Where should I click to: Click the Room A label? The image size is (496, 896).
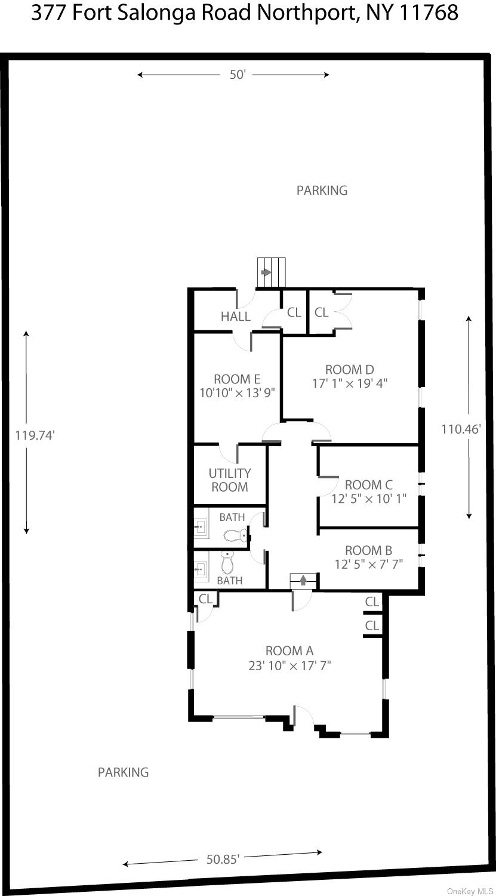tap(289, 650)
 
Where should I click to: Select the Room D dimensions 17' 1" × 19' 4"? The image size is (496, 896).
tap(350, 383)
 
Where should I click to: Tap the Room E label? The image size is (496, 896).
tap(237, 379)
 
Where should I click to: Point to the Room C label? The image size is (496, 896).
tap(369, 484)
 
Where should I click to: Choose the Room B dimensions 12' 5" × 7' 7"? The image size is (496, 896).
tap(369, 564)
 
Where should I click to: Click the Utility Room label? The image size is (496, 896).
tap(230, 480)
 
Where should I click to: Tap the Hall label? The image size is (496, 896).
tap(236, 317)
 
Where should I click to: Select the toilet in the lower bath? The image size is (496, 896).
tap(227, 561)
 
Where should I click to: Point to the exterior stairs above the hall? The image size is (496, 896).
tap(271, 272)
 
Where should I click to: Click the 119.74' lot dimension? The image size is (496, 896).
tap(35, 435)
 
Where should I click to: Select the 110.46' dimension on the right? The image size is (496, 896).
tap(461, 428)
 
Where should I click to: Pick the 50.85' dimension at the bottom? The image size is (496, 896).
tap(223, 859)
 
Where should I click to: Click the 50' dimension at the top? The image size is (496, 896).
tap(238, 75)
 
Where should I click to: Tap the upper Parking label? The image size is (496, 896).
tap(322, 191)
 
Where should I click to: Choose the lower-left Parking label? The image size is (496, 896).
tap(123, 772)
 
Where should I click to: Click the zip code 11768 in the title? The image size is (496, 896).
tap(427, 13)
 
